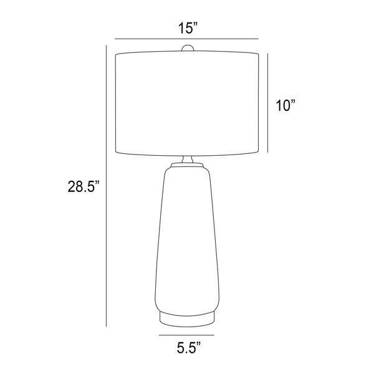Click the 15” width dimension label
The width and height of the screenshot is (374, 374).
188,28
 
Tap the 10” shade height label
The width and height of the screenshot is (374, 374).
285,105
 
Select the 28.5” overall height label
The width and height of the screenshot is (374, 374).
84,186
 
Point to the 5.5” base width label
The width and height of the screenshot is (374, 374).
189,348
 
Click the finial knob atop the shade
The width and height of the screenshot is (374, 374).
188,48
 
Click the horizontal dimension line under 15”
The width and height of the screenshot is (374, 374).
186,39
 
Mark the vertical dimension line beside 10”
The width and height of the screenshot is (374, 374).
267,103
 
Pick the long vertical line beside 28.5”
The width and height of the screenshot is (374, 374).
106,186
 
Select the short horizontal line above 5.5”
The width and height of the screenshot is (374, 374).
186,335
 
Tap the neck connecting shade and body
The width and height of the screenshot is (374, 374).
187,160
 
